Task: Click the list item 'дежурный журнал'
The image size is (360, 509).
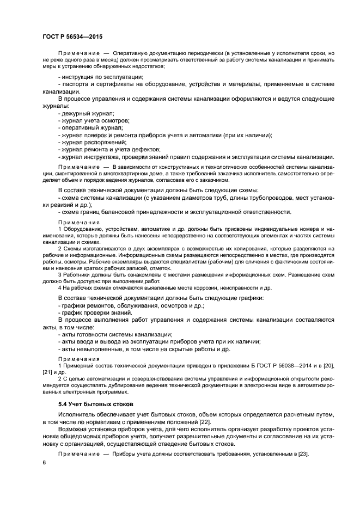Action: [86, 113]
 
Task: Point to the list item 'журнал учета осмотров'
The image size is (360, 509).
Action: [93, 120]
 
